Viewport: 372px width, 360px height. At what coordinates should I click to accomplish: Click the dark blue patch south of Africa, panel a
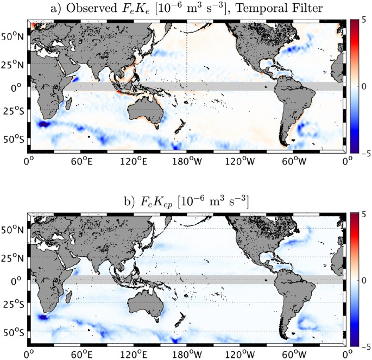[44, 124]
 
